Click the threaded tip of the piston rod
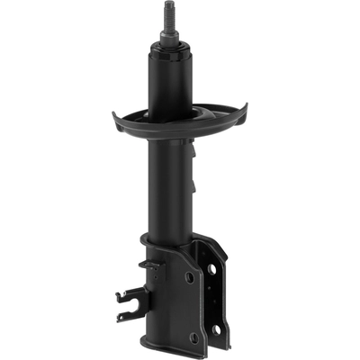click(167, 13)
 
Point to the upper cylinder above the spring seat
click(168, 85)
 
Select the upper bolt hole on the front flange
click(190, 278)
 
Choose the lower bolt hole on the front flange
click(193, 337)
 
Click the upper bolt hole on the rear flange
click(213, 270)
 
